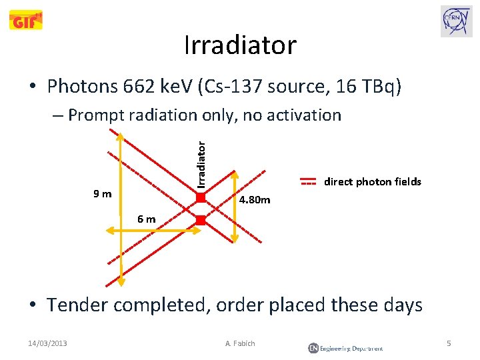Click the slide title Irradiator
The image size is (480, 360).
pyautogui.click(x=240, y=45)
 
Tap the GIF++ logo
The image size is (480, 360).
pyautogui.click(x=26, y=21)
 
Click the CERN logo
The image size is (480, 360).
pyautogui.click(x=456, y=21)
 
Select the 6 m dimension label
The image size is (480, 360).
pyautogui.click(x=146, y=219)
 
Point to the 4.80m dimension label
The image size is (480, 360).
pyautogui.click(x=255, y=199)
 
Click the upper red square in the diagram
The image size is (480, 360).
pyautogui.click(x=201, y=196)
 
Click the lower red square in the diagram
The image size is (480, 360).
pyautogui.click(x=201, y=220)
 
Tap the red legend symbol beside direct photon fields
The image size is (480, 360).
pyautogui.click(x=307, y=182)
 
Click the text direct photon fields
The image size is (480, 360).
pyautogui.click(x=372, y=182)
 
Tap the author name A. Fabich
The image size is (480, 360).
pyautogui.click(x=240, y=343)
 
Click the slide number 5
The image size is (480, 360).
pyautogui.click(x=449, y=343)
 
